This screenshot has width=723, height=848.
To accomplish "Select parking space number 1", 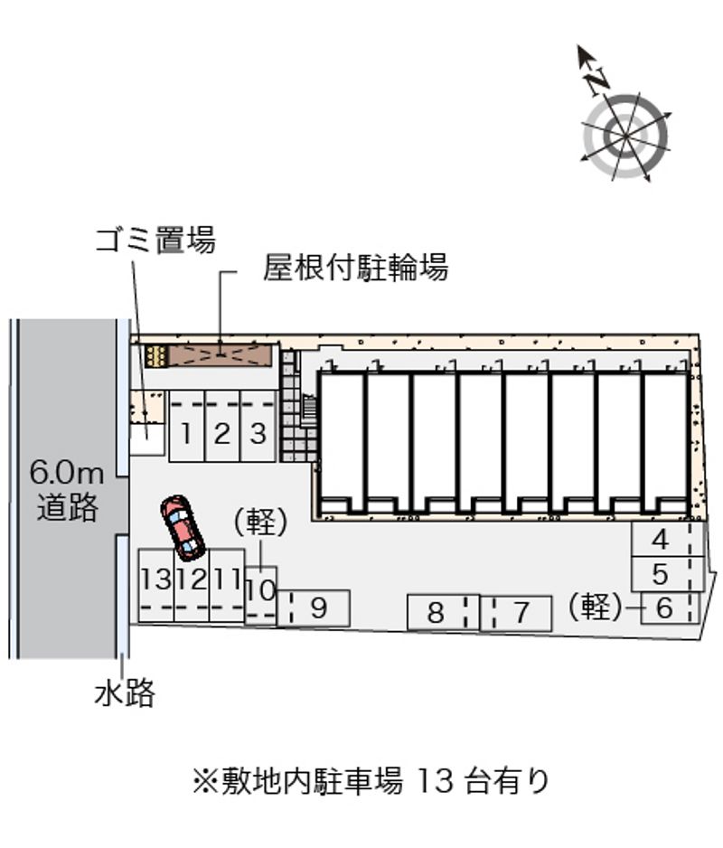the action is point(185,433).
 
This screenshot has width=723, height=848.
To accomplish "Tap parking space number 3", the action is point(258,433).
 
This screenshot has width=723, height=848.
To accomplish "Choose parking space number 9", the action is point(316,608).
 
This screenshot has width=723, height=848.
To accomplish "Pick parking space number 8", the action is point(436,613).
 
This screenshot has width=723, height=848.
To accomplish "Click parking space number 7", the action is point(520,613).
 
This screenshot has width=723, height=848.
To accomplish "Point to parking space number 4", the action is point(661,541).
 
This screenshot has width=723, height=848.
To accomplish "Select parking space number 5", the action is point(661,574).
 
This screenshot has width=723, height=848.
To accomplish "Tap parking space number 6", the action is point(665,608).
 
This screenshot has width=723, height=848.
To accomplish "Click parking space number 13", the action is point(155,579).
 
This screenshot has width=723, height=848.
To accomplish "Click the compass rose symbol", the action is point(625,134).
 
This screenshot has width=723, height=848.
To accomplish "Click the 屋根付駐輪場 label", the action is point(356,268).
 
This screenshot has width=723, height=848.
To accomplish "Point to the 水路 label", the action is point(125,693).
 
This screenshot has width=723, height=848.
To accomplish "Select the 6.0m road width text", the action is point(67,472).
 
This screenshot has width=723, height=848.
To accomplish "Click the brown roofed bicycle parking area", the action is point(221,353).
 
